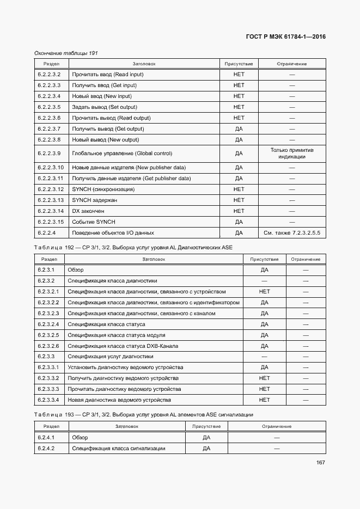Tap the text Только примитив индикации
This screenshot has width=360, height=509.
tap(292, 153)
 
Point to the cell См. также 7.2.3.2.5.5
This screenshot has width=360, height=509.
tap(292, 233)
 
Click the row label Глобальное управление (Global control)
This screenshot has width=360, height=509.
tap(122, 154)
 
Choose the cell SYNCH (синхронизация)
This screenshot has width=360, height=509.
tap(103, 189)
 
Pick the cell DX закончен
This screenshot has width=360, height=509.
tap(88, 211)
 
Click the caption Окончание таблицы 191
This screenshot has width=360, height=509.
tap(66, 53)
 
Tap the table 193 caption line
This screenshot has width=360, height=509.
tap(143, 415)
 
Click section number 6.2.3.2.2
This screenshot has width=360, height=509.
tap(48, 303)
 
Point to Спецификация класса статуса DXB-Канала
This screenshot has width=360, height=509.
tap(123, 346)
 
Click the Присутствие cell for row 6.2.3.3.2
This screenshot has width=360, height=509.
tap(265, 378)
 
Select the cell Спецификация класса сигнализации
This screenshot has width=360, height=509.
tap(119, 449)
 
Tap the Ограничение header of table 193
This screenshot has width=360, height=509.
tap(277, 426)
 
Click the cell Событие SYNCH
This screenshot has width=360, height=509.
tap(94, 222)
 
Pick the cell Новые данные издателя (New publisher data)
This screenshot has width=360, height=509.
tap(129, 168)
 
